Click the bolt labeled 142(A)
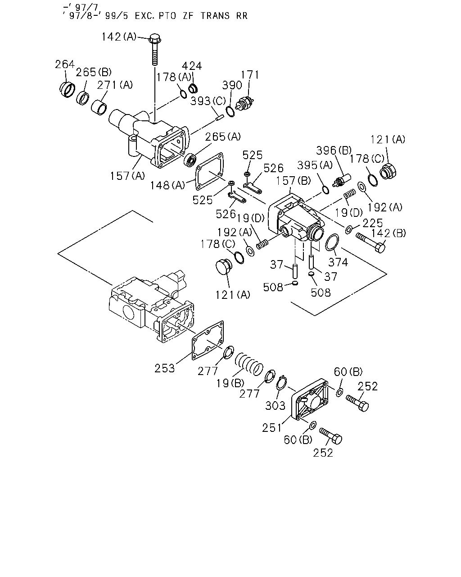[154, 49]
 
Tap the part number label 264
[65, 64]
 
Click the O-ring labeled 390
[230, 111]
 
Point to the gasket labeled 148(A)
[210, 171]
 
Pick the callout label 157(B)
[293, 181]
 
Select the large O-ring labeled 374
[332, 242]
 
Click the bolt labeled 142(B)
[371, 243]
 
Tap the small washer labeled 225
[348, 229]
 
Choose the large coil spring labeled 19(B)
[249, 364]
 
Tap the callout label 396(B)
[334, 151]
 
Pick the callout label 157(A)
[127, 176]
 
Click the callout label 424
[192, 66]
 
